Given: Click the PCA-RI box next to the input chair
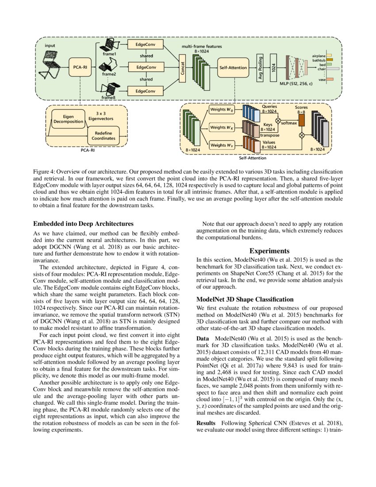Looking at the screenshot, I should pos(80,67).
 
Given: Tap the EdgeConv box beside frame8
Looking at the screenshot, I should pos(145,91).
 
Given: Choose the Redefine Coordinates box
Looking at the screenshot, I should pos(104,135).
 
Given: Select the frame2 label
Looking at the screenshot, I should pos(109,74).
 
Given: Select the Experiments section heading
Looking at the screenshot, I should pos(269,251).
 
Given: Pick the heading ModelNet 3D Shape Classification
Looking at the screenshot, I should pos(251,298).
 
